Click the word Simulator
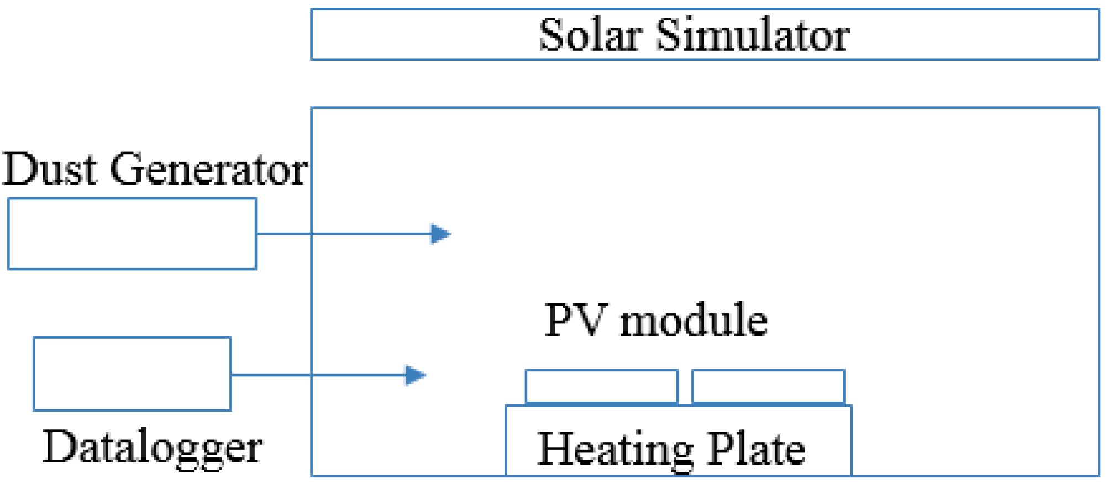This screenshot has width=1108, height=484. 753,35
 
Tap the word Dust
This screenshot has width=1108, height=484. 50,169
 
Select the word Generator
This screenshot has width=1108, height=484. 209,169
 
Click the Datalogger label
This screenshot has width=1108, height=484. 153,448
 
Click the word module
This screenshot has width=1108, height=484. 694,320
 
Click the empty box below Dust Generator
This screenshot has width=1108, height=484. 132,234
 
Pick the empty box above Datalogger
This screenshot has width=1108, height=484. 132,374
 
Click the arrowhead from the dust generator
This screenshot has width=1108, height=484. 440,234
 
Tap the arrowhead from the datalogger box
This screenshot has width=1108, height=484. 415,375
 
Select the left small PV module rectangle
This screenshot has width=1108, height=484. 602,387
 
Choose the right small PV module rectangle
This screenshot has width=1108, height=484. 768,387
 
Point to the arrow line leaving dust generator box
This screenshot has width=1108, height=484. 343,234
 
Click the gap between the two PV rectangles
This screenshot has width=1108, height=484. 685,387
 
